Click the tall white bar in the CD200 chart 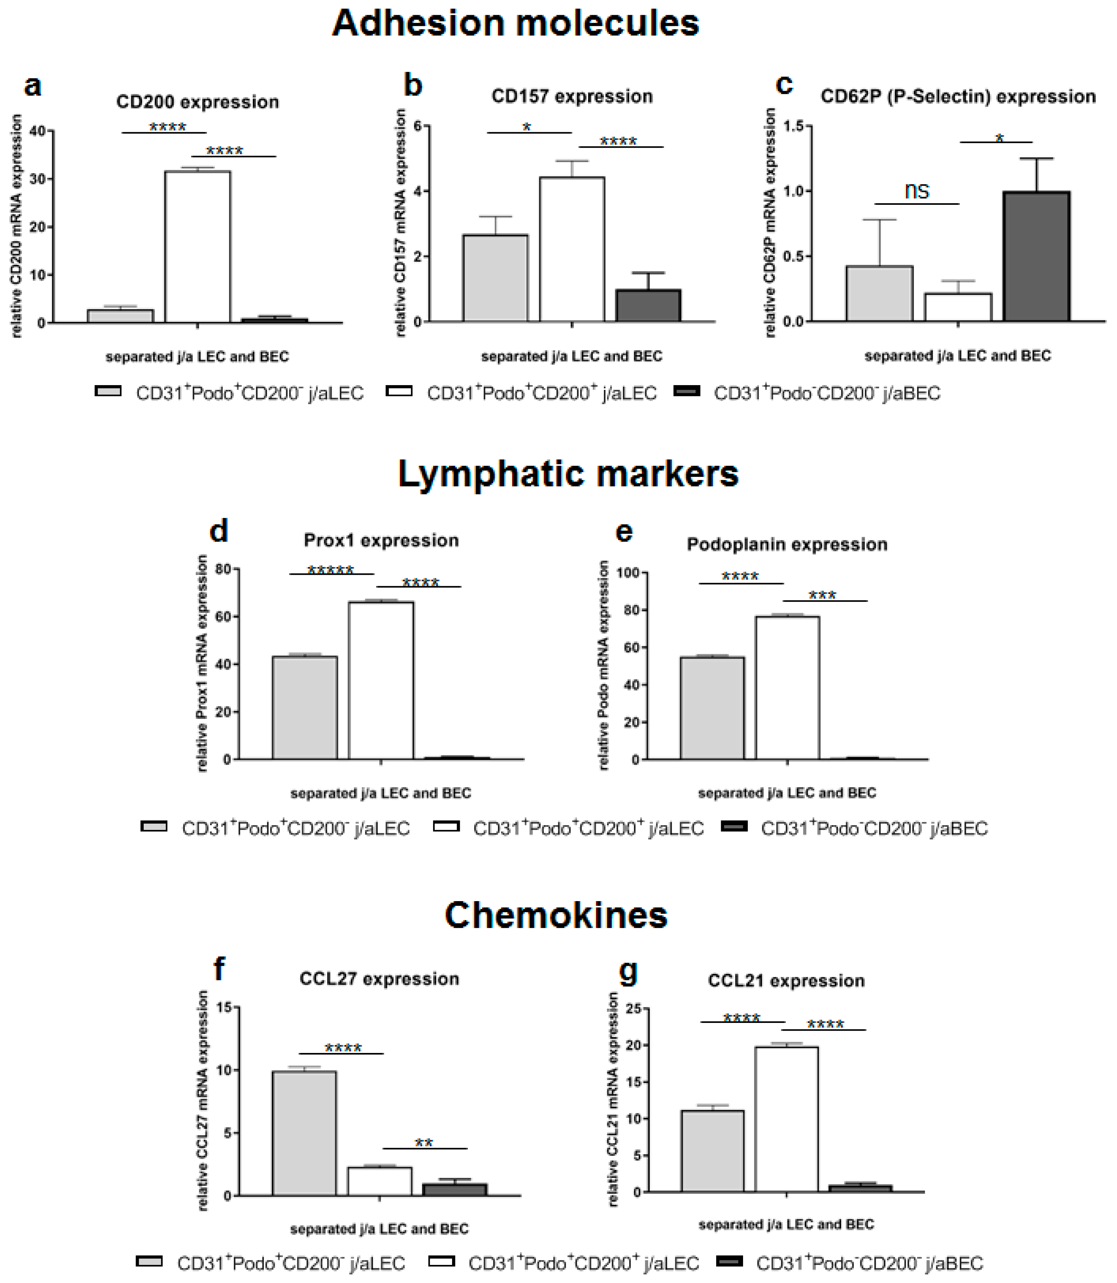tap(198, 247)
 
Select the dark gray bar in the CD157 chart tap(648, 306)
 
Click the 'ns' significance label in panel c tap(917, 191)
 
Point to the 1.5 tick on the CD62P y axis tap(791, 126)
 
